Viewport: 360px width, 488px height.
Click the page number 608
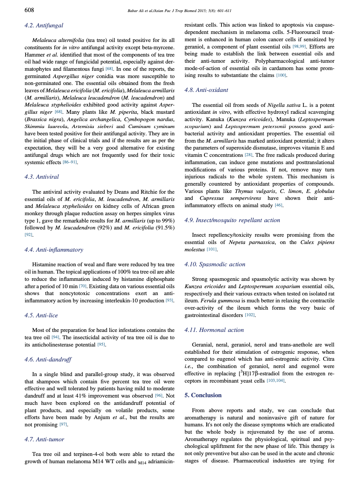point(29,10)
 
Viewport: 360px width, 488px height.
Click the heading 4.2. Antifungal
point(44,26)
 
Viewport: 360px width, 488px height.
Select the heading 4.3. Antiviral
point(42,177)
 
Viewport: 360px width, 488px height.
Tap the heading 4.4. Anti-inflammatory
point(54,250)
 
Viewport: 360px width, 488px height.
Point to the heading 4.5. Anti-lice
point(41,315)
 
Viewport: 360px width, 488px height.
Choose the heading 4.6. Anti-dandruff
point(48,360)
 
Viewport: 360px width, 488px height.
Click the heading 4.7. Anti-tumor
point(44,439)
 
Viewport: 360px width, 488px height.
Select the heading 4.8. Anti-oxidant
point(206,90)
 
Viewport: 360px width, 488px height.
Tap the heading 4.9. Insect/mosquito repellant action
point(232,220)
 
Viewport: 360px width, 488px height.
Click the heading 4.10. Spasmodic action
point(215,264)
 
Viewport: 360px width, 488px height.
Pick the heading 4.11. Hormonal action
point(214,330)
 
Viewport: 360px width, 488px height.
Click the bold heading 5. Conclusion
point(203,395)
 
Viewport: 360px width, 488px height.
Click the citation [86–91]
point(70,162)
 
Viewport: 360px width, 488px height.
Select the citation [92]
point(28,235)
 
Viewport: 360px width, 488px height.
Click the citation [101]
point(211,249)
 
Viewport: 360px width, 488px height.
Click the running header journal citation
point(179,11)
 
